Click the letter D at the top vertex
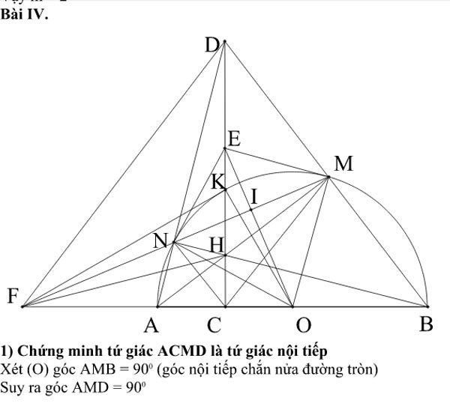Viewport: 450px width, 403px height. coord(212,46)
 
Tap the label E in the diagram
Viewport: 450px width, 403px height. coord(233,139)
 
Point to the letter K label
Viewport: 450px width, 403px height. coord(217,182)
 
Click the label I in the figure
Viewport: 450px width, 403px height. coord(253,197)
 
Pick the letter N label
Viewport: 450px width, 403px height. coord(160,241)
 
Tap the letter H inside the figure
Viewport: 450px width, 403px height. coord(216,245)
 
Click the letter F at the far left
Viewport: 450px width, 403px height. coord(13,297)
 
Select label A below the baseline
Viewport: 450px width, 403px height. coord(152,326)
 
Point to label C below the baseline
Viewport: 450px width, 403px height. coord(214,326)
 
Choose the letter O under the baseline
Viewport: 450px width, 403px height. coord(303,326)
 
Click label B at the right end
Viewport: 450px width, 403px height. coord(426,325)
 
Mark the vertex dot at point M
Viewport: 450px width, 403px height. coord(328,177)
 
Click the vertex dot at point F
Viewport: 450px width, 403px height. coord(23,306)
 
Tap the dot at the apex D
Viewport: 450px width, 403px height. coord(224,40)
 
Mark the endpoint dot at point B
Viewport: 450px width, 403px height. coord(427,306)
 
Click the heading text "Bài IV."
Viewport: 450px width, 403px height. coord(25,13)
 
